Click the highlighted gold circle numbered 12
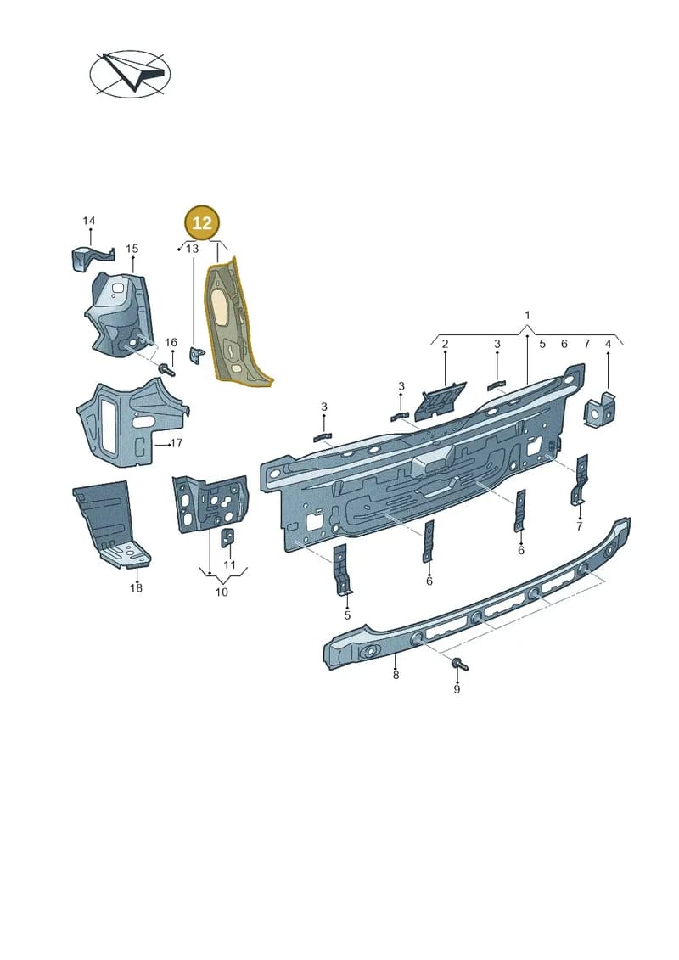[x=202, y=223]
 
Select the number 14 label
[x=89, y=221]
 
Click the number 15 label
[x=132, y=249]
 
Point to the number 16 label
[x=171, y=342]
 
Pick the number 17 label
[x=177, y=443]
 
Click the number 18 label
[x=136, y=587]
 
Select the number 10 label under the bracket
[x=222, y=592]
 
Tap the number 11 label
[x=229, y=564]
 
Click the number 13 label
[x=193, y=249]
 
